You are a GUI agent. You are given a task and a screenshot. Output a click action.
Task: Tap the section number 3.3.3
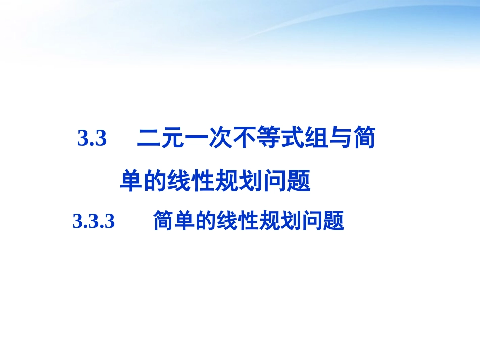click(x=94, y=221)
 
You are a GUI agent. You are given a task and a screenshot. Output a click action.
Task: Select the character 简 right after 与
click(x=363, y=139)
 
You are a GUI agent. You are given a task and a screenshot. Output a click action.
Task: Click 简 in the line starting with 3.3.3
click(x=164, y=221)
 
